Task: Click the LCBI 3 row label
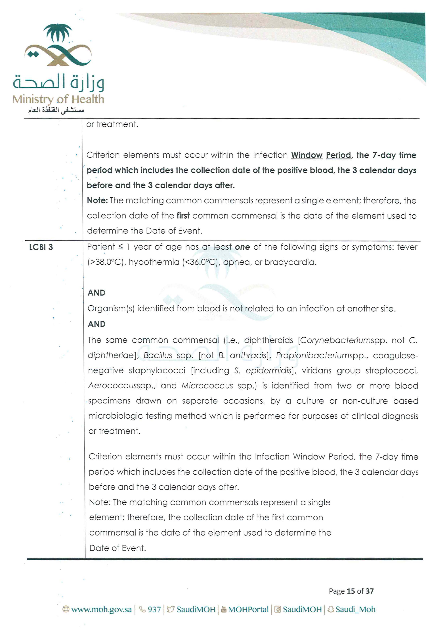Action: click(x=41, y=247)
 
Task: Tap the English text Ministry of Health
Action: click(x=58, y=99)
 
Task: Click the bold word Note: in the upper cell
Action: click(x=97, y=201)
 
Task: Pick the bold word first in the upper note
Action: click(x=183, y=216)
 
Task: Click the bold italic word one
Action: click(x=242, y=247)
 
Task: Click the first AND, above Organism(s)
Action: click(x=96, y=293)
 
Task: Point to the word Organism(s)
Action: click(x=111, y=309)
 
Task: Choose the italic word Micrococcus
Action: click(x=207, y=386)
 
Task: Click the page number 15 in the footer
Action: click(x=351, y=591)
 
